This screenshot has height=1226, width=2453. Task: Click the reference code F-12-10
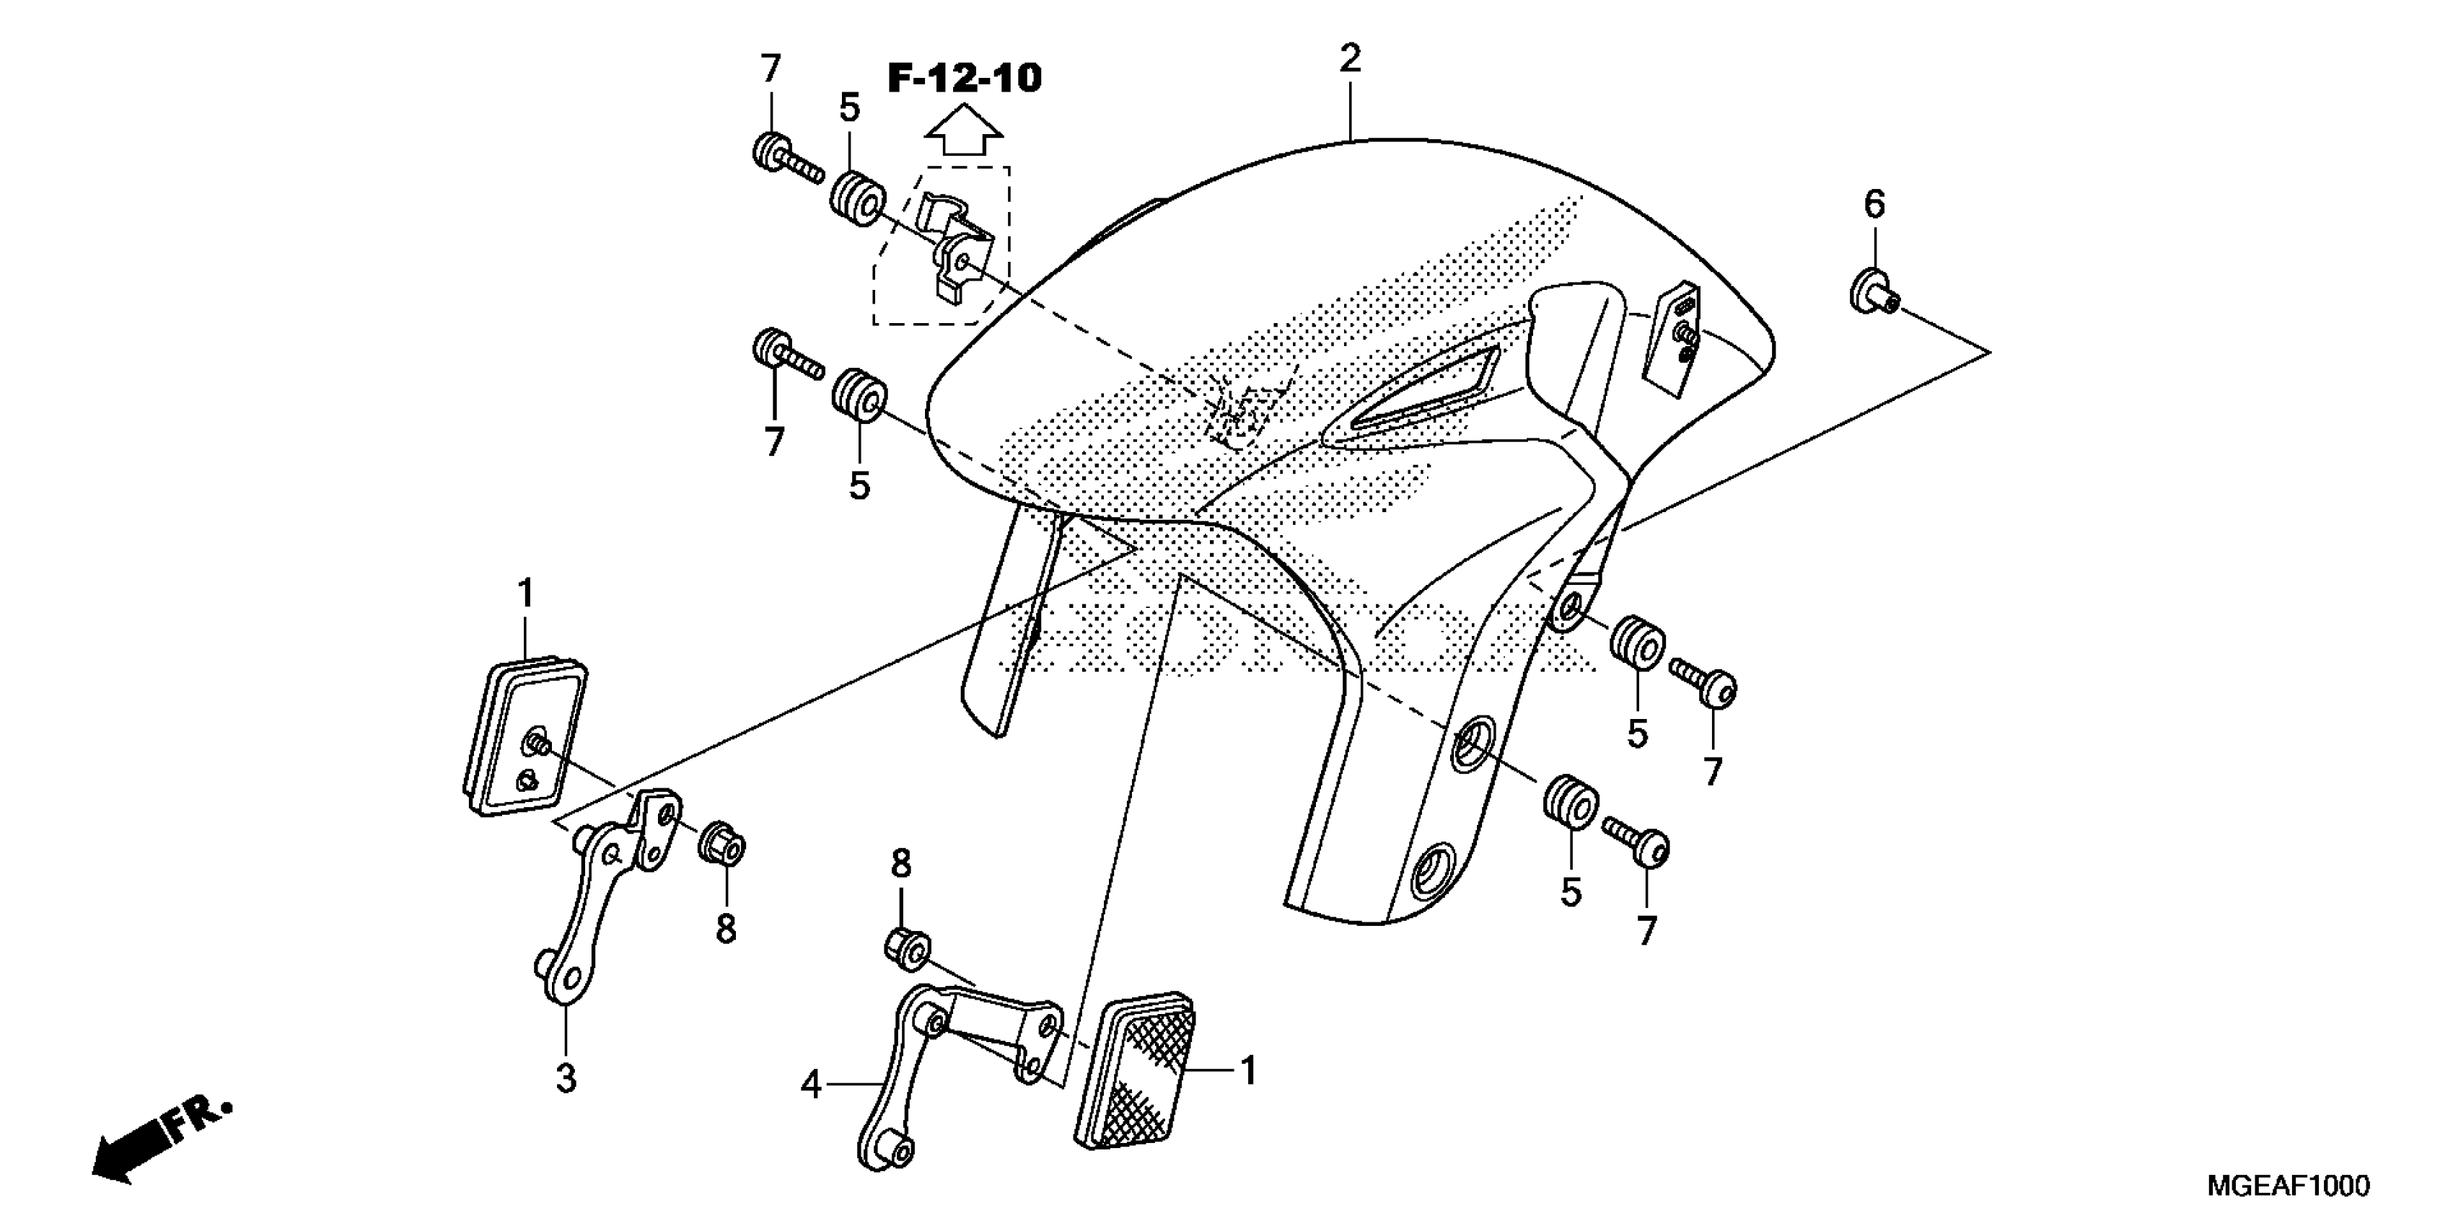pos(964,78)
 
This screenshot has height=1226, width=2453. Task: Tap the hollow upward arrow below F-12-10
pos(964,131)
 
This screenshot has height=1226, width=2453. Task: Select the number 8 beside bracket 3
pos(726,928)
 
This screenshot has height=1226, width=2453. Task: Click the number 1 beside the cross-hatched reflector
pos(1247,1071)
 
